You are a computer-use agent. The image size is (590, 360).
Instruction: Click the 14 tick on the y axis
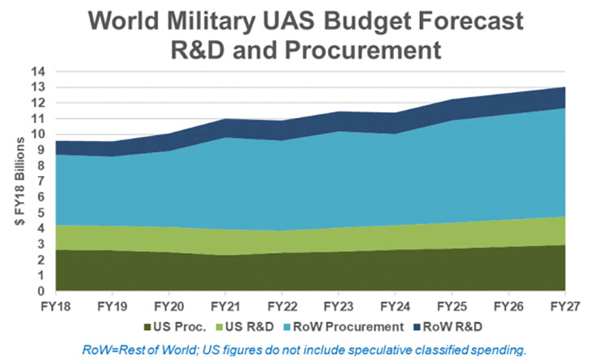[38, 72]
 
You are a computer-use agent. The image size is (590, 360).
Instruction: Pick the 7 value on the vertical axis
[42, 182]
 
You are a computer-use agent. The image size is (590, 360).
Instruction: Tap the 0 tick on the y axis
[42, 292]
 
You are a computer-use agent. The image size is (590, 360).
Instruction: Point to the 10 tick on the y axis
[38, 134]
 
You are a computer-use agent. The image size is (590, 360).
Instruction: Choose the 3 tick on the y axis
[42, 244]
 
